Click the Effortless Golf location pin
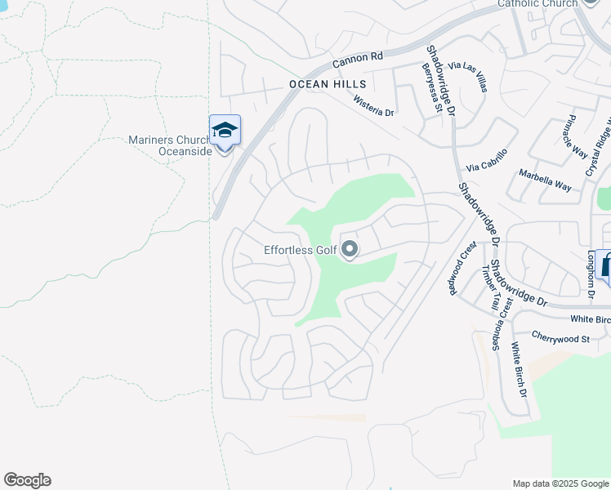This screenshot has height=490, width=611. point(350,249)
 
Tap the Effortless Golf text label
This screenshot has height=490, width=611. point(300,251)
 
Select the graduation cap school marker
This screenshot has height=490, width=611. point(225,131)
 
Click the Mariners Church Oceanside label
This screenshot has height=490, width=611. point(170,145)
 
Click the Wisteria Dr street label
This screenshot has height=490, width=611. point(373,105)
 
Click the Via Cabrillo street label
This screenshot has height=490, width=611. point(487,160)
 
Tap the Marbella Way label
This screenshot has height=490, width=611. point(545,180)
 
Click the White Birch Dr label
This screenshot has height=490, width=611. point(520,368)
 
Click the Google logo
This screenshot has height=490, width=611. point(27,480)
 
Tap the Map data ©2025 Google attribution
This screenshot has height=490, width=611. point(560,483)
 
